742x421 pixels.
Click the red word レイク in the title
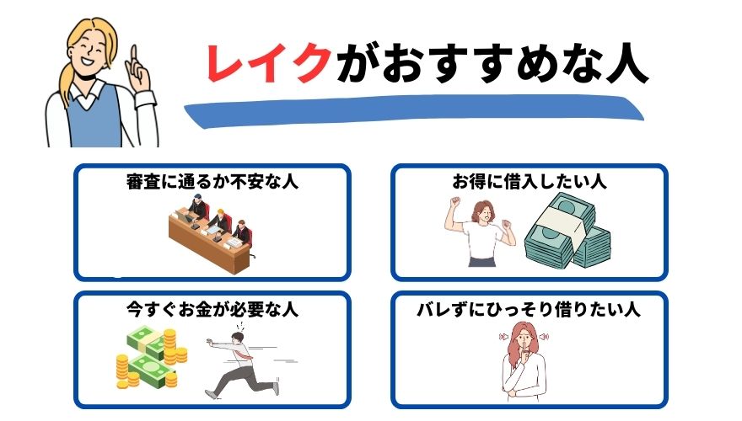pos(268,62)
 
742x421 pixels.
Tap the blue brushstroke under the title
pos(414,111)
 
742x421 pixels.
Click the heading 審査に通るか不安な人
pos(212,181)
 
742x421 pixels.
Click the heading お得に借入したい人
pos(529,181)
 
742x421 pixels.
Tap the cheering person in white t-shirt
pos(481,232)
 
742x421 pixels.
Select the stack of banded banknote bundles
pos(567,232)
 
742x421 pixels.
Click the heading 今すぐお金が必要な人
pos(212,310)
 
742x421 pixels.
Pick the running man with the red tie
pos(242,363)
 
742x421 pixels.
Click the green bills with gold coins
pos(152,358)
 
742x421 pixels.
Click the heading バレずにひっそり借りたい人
pos(529,310)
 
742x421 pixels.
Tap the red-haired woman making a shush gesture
pos(524,362)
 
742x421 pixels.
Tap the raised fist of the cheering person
pos(455,202)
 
